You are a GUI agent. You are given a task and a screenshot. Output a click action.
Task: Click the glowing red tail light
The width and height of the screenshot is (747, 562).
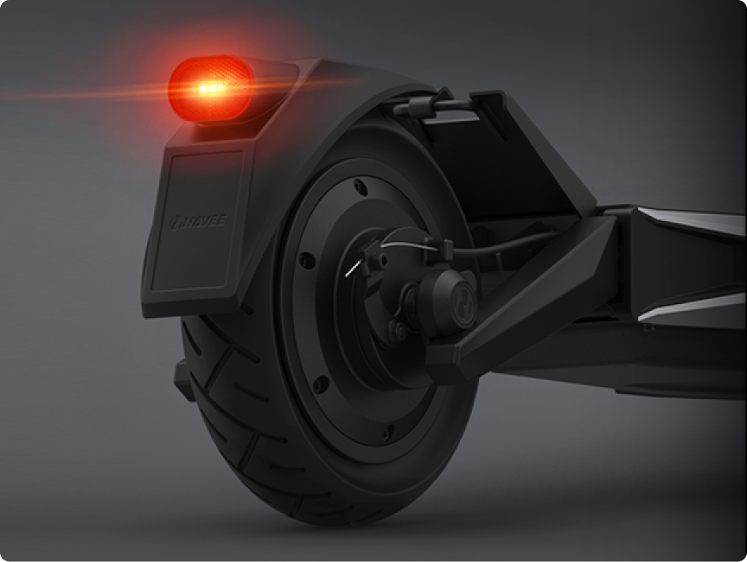pos(211,89)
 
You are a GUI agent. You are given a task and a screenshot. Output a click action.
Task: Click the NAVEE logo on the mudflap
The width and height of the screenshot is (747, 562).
pos(198,222)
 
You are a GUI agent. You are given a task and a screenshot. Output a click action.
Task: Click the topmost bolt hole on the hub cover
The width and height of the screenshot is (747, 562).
pos(360,187)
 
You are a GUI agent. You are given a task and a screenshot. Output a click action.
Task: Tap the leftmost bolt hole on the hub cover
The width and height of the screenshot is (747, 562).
pos(307,260)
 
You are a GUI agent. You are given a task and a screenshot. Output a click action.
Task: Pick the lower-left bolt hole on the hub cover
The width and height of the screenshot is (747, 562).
pos(321,384)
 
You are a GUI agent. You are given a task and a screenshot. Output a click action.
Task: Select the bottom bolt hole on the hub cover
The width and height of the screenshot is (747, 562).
pos(388,433)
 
